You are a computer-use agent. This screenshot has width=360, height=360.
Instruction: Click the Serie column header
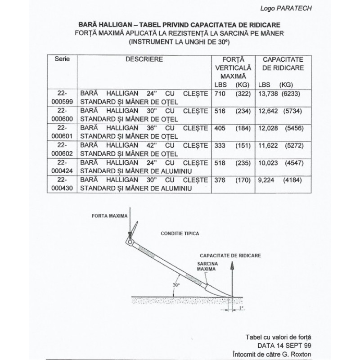[x=62, y=59]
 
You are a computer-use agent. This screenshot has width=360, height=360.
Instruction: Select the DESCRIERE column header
[x=144, y=59]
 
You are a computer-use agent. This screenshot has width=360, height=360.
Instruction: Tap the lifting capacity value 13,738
[x=268, y=94]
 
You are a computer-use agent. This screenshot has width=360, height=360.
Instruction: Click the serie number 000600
[x=62, y=119]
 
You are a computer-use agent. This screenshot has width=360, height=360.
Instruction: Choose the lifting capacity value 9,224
[x=266, y=179]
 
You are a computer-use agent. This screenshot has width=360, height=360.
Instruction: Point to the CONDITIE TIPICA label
[x=180, y=234]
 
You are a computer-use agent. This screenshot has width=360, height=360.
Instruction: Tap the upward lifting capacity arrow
[x=232, y=279]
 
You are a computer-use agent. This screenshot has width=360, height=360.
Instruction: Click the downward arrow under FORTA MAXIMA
[x=129, y=225]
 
